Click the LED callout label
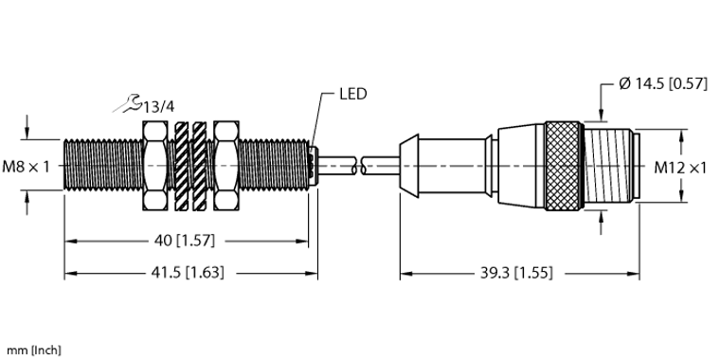[x=353, y=94]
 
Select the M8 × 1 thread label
[x=26, y=166]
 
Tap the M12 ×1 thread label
[x=680, y=168]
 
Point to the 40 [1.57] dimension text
[x=185, y=240]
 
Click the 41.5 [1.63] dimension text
[x=188, y=273]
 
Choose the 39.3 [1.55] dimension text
[x=516, y=273]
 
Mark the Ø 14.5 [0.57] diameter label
[x=663, y=83]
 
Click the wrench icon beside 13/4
[x=128, y=104]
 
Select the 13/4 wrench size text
[x=159, y=107]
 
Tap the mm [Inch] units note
[x=33, y=351]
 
